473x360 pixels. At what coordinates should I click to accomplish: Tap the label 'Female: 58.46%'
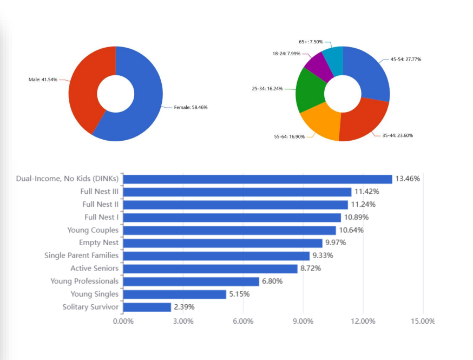(190, 107)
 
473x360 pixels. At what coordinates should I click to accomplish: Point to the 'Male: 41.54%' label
(43, 80)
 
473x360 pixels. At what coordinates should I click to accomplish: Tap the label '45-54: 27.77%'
(406, 59)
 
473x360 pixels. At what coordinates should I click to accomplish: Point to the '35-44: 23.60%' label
(397, 135)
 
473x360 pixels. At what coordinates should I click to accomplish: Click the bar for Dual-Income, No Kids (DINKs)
(258, 179)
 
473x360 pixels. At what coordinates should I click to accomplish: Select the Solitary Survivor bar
(147, 307)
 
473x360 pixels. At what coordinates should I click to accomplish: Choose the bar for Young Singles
(174, 294)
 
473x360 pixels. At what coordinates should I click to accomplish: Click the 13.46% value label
(408, 179)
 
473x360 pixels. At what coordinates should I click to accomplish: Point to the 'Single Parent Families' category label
(81, 256)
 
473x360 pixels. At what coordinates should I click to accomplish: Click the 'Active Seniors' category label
(94, 269)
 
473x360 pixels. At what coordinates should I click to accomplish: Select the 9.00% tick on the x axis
(303, 321)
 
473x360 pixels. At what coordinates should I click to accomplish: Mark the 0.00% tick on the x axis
(123, 321)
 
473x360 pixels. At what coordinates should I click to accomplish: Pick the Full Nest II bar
(235, 205)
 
